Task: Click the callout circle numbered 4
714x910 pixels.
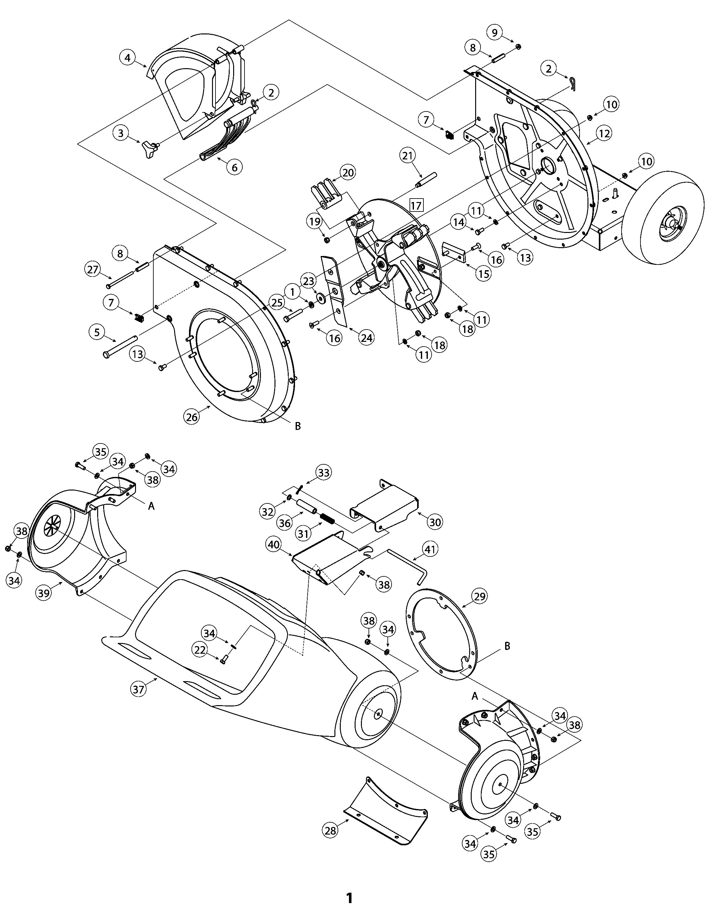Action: [127, 57]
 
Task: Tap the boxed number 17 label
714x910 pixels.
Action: [416, 206]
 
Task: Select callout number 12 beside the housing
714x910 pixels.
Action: [604, 134]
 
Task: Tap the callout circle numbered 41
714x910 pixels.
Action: [431, 549]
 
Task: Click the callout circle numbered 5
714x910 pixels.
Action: [97, 332]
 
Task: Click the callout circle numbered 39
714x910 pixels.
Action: [44, 592]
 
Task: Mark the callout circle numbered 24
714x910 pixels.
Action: [366, 337]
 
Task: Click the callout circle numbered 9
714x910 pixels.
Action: [494, 33]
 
